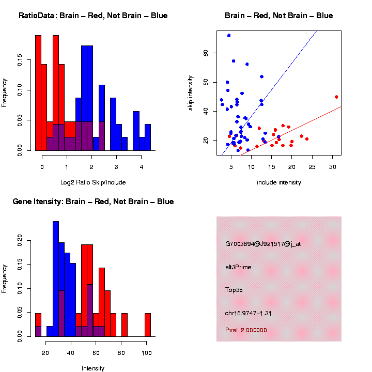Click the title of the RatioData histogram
tap(93, 16)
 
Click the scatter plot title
tap(278, 16)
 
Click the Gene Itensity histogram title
tap(93, 202)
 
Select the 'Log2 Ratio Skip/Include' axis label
tap(93, 182)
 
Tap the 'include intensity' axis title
tap(279, 182)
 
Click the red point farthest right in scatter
tap(336, 97)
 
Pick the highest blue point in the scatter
tap(229, 36)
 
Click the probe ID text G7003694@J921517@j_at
tap(263, 244)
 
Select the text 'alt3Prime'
tap(238, 267)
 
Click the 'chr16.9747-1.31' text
tap(249, 313)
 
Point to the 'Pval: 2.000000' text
tap(246, 330)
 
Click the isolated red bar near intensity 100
tap(148, 325)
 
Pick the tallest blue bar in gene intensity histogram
tap(56, 279)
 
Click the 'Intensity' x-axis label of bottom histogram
tap(93, 368)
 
